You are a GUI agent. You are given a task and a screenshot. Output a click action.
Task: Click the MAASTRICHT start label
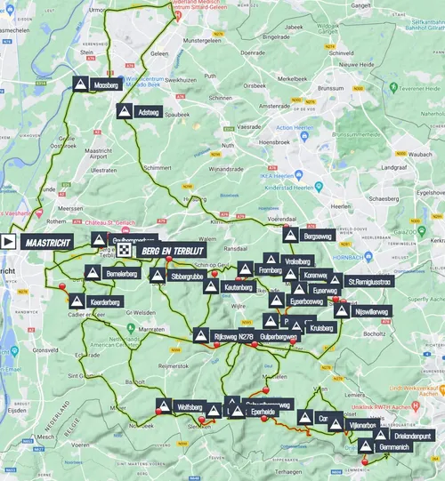[x=49, y=241]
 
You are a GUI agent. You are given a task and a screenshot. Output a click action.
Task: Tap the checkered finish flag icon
[x=123, y=251]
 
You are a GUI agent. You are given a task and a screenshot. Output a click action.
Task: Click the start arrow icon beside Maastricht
[x=9, y=241]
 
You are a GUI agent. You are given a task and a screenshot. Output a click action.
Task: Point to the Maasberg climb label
[x=106, y=84]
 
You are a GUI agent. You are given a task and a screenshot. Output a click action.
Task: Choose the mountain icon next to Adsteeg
[x=124, y=111]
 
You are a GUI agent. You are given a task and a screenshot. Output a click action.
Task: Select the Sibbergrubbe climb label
[x=182, y=276]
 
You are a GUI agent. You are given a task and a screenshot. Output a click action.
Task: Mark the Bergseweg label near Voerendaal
[x=318, y=236]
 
